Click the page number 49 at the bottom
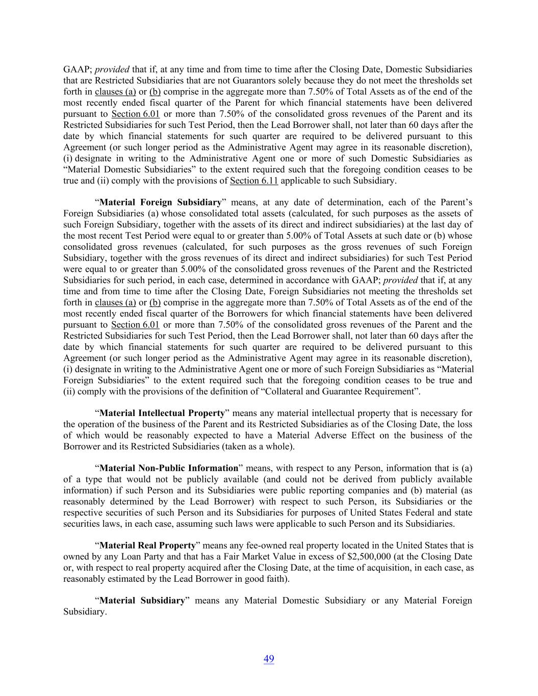tap(269, 659)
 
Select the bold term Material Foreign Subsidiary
tap(161, 202)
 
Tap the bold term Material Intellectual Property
tap(162, 413)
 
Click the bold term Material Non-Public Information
tap(169, 468)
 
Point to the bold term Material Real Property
tap(147, 546)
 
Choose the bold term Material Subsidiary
tap(142, 601)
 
